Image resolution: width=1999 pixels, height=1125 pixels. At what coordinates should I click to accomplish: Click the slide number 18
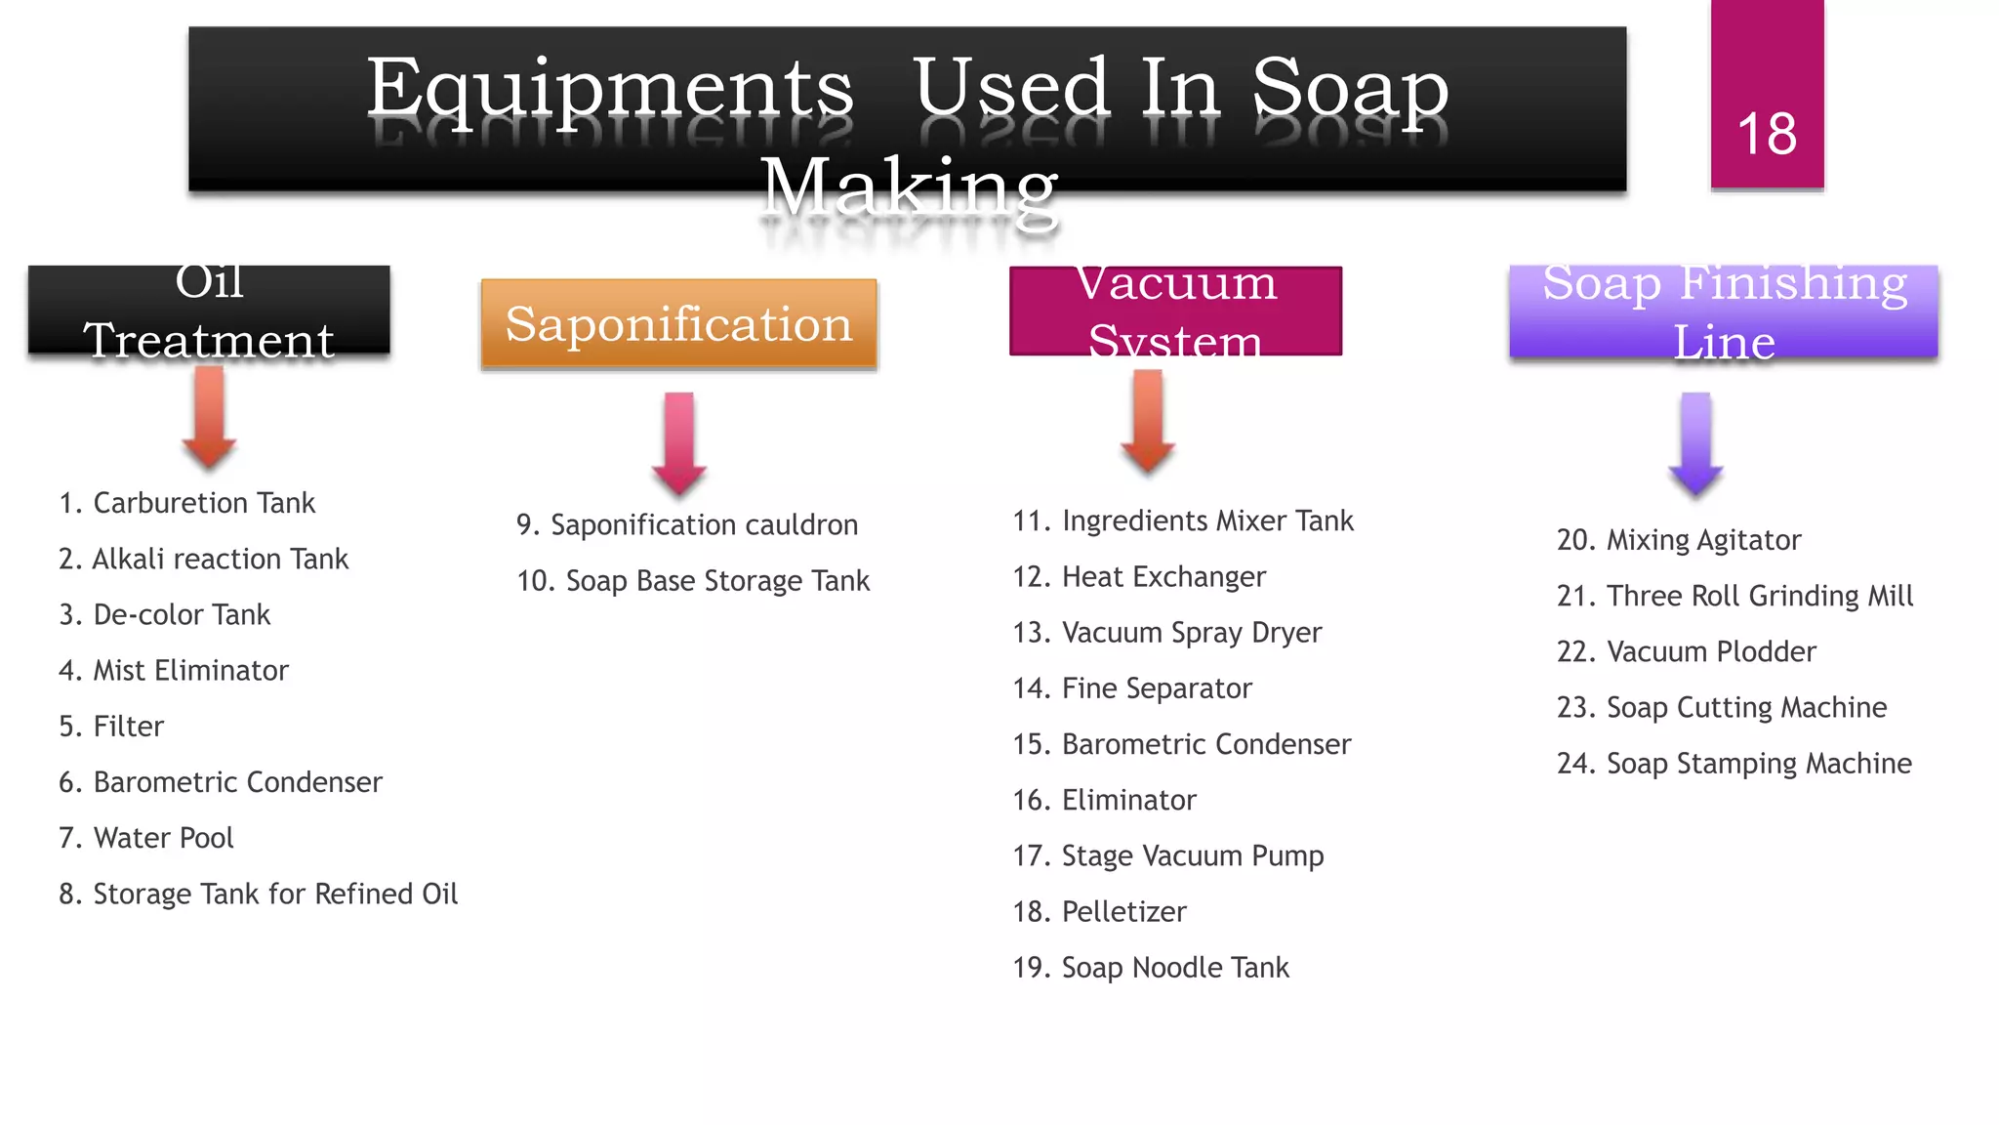coord(1766,134)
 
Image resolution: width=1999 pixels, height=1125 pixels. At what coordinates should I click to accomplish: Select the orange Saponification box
coord(678,324)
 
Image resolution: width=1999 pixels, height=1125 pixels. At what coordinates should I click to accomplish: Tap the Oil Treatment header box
coord(209,311)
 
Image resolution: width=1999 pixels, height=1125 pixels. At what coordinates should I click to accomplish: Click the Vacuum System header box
coord(1175,311)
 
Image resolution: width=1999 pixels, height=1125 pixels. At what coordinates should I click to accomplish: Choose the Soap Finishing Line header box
coord(1723,312)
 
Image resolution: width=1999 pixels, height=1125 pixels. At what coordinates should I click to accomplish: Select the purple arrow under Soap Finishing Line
coord(1695,442)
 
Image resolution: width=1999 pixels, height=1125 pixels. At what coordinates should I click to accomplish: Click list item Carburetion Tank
coord(187,503)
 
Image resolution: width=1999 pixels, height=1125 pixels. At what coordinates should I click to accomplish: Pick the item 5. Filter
coord(111,727)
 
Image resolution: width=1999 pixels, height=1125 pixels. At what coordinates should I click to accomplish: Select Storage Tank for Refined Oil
coord(258,895)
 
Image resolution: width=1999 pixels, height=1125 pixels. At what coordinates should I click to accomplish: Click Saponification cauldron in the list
coord(687,525)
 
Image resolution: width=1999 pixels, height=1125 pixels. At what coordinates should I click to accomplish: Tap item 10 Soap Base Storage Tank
coord(693,581)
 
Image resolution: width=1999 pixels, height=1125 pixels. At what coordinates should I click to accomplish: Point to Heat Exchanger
coord(1139,577)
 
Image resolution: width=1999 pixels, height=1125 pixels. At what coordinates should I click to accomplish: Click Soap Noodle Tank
coord(1151,968)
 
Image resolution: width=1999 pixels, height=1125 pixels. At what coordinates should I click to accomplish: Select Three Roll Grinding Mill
coord(1734,596)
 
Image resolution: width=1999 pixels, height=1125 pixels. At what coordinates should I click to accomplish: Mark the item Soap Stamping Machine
coord(1734,764)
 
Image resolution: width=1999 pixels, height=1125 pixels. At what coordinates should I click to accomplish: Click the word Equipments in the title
coord(610,90)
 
